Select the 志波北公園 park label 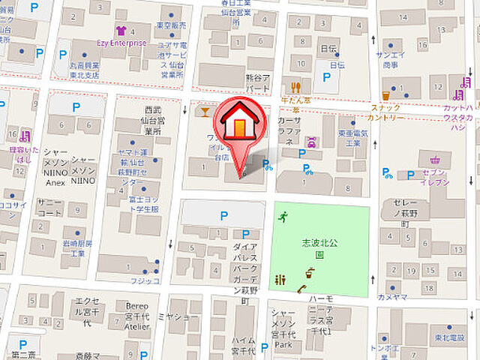319,248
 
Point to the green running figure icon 283,217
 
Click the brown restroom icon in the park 280,280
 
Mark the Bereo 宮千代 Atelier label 135,316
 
